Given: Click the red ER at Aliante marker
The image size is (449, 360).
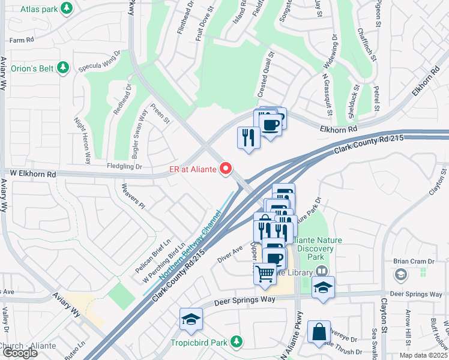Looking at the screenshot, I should tap(226, 169).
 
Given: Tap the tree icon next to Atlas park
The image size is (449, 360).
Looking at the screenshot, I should tap(67, 8).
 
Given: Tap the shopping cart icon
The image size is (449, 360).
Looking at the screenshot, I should tap(265, 274).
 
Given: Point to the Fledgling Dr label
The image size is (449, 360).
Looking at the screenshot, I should tap(124, 166).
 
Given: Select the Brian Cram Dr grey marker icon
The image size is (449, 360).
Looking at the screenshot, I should tap(400, 274).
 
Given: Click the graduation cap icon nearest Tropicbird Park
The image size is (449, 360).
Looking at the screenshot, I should tap(191, 319).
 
